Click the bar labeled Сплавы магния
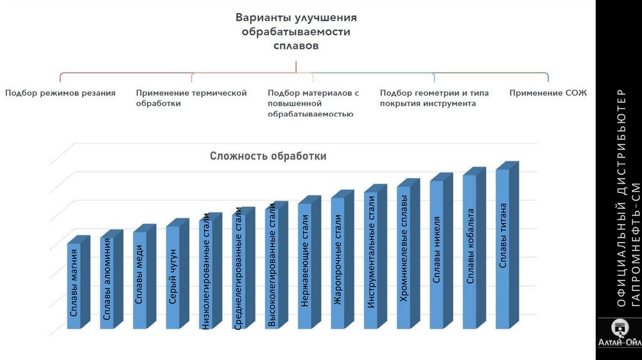(x=75, y=285)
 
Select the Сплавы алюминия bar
(x=107, y=282)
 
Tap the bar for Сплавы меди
(x=140, y=279)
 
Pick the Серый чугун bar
(x=173, y=276)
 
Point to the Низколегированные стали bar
(x=206, y=273)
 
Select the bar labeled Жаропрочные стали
(x=338, y=262)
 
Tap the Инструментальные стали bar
(x=371, y=260)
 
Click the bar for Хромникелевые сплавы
(x=404, y=257)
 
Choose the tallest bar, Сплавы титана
(x=503, y=248)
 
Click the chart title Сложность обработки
(x=268, y=156)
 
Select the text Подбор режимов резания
(x=60, y=93)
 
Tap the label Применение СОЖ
(x=547, y=93)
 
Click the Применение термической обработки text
(x=191, y=98)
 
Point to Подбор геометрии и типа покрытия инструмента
(x=434, y=98)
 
